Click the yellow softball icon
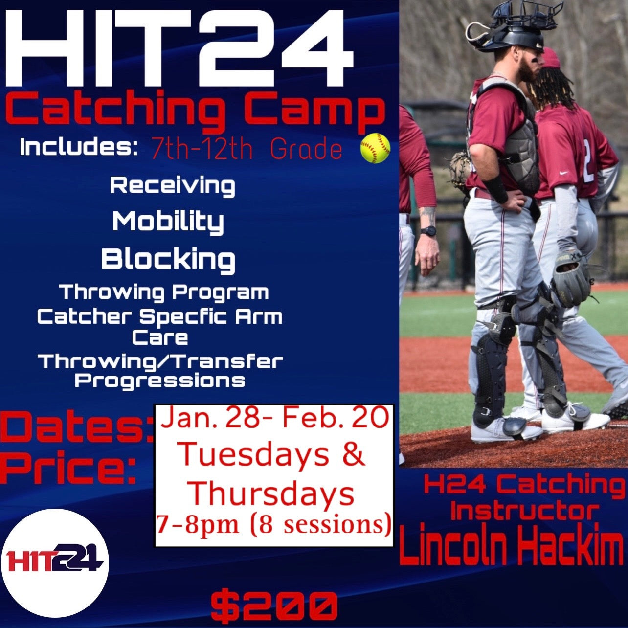pos(375,148)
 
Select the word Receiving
pos(172,186)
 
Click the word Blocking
pos(168,259)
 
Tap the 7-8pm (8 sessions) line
pos(274,524)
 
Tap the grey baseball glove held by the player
pos(571,278)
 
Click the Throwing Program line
pos(164,292)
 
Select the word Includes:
pos(78,148)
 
